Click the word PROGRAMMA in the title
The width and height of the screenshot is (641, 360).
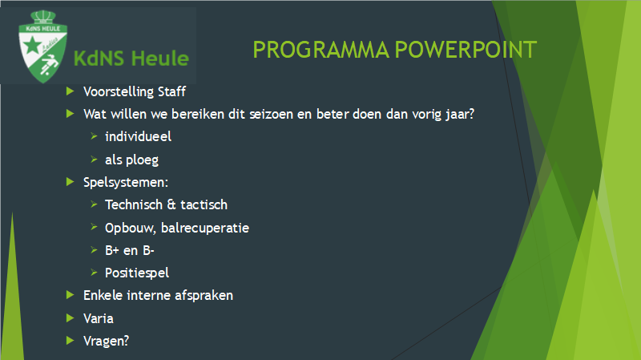pyautogui.click(x=321, y=50)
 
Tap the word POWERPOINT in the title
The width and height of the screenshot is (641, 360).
pyautogui.click(x=466, y=50)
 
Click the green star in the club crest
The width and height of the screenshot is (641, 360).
pyautogui.click(x=32, y=45)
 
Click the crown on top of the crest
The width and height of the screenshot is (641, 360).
pyautogui.click(x=43, y=17)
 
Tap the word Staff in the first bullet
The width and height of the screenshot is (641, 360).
pyautogui.click(x=171, y=91)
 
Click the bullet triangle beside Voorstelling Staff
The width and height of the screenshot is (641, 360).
pyautogui.click(x=70, y=91)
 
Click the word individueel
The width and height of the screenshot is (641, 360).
pyautogui.click(x=138, y=136)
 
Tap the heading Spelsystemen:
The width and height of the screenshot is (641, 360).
pyautogui.click(x=126, y=183)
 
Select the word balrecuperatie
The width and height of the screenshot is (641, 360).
pyautogui.click(x=205, y=229)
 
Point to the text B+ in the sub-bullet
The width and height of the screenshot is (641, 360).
pyautogui.click(x=112, y=250)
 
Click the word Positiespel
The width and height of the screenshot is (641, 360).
pyautogui.click(x=137, y=273)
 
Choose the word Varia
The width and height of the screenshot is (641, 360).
pyautogui.click(x=98, y=318)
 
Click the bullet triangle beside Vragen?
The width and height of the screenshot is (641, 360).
pyautogui.click(x=70, y=341)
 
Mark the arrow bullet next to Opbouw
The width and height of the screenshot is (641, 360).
pyautogui.click(x=94, y=227)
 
